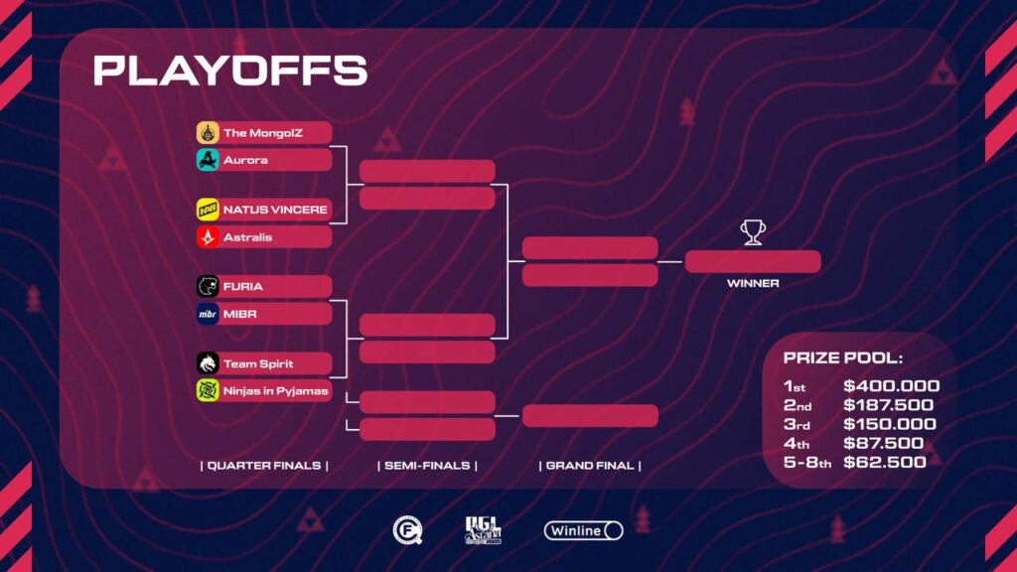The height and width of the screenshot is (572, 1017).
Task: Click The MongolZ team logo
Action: pos(208,132)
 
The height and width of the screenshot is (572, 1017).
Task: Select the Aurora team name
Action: pos(246,160)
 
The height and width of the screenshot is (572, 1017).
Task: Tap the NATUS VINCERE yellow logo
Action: pos(208,210)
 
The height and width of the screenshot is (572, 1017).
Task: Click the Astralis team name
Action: pos(247,237)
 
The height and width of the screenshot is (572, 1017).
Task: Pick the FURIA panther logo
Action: pos(208,286)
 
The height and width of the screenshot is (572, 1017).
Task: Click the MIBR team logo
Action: pos(208,314)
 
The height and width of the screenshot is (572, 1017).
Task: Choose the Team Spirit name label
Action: pos(258,363)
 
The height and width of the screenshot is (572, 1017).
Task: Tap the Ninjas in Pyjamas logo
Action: pos(208,390)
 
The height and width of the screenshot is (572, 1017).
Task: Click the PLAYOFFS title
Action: pos(230,71)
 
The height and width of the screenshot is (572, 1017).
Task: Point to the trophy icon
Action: pos(753,232)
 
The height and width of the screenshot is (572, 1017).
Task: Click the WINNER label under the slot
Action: pos(753,283)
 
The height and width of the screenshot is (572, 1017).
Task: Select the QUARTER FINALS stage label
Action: pos(264,466)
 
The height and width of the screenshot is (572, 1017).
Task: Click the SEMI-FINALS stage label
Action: pos(427,466)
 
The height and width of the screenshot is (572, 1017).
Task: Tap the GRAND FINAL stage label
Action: pos(590,466)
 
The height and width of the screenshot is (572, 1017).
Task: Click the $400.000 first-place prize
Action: pos(891,386)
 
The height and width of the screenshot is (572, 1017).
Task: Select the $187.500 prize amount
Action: pos(889,405)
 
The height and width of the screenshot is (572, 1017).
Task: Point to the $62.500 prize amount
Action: pos(885,463)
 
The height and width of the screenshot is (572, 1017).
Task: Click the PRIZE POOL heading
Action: pos(843,357)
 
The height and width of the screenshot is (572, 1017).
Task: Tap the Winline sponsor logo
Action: pos(584,530)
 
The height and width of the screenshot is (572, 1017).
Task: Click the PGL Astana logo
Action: pos(484,530)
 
